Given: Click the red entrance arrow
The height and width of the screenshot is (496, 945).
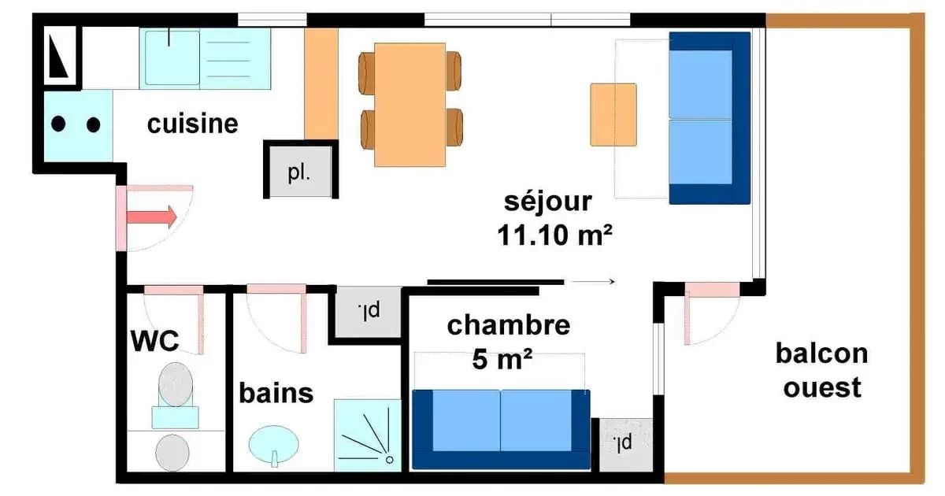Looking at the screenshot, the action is [152, 217].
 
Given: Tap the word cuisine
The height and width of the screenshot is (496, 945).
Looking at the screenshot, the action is [193, 124].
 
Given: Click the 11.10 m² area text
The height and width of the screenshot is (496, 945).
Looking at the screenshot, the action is [554, 235].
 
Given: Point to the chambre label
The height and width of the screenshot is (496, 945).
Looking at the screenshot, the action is [509, 325].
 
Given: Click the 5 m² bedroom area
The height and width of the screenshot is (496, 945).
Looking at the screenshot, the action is [502, 359].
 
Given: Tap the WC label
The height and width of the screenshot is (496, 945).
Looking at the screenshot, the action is [155, 341].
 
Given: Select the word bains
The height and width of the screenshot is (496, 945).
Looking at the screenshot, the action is [276, 393].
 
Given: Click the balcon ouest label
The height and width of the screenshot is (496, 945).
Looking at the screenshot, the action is [822, 370].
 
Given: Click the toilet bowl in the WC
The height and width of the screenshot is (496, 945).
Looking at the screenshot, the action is [176, 385].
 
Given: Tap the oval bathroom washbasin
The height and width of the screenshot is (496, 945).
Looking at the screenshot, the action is [274, 444].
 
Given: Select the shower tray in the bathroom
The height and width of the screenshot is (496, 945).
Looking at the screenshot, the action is [368, 435].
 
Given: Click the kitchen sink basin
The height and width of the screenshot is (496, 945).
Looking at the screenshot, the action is [172, 57].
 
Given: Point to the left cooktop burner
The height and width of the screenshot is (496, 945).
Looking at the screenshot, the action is [58, 124].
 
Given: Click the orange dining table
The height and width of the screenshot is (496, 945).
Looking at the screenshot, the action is [409, 105].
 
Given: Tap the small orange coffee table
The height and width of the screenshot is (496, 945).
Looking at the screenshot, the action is [613, 115].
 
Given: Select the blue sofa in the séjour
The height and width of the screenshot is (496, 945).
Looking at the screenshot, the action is [710, 118].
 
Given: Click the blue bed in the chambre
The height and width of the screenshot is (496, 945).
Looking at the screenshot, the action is [501, 429].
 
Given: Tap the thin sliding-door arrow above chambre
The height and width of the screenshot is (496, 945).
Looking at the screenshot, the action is [593, 281].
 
